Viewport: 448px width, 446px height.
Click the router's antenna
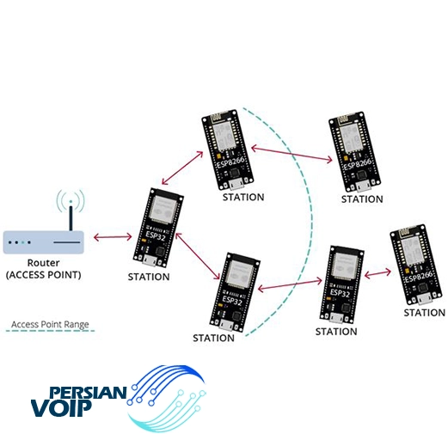point(71,216)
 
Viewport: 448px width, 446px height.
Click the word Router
point(43,263)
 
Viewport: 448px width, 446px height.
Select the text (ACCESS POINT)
point(44,275)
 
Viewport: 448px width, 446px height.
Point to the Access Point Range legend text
point(50,324)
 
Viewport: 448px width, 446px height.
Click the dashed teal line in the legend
point(50,331)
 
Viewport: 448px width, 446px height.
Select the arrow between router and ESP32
point(113,237)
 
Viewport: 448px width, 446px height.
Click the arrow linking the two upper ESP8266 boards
point(292,154)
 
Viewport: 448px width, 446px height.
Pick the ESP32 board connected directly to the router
point(158,228)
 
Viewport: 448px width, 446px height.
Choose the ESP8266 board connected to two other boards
point(228,150)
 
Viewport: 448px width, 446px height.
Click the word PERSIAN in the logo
point(88,393)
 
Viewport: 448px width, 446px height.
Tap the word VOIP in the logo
point(61,407)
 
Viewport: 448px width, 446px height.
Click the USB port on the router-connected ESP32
point(150,260)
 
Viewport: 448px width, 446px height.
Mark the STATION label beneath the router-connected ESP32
point(149,277)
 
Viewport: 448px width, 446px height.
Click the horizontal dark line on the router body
point(67,242)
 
